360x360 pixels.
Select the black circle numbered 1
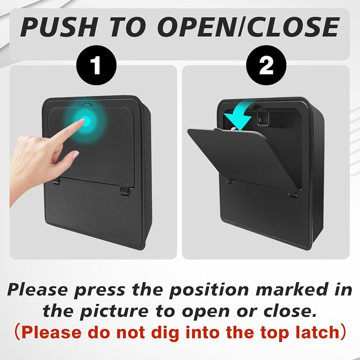pos(96,66)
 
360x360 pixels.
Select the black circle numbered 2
pos(266,66)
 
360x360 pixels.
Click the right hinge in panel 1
pos(125,191)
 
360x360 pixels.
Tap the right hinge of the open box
pos(293,194)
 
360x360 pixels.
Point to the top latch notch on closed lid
pos(87,105)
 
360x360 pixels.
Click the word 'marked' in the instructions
pos(292,289)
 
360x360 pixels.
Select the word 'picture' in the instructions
pos(114,311)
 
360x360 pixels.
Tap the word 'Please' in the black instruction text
pos(38,289)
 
